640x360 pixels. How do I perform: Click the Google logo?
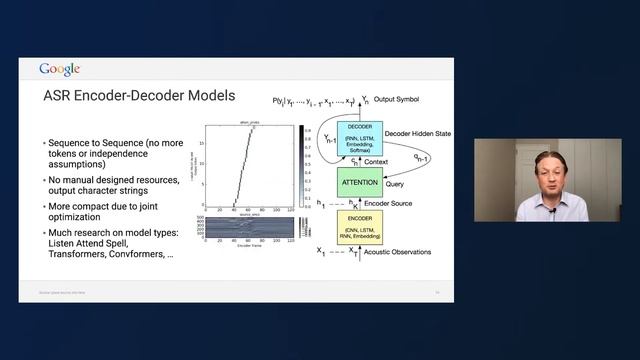coord(59,69)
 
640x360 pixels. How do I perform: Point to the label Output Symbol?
coord(405,101)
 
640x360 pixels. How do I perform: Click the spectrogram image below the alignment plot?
coord(250,227)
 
